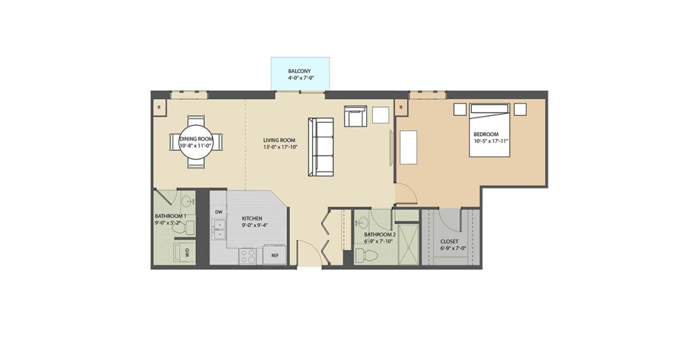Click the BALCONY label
click(299, 71)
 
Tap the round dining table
click(196, 142)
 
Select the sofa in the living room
click(320, 147)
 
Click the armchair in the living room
click(355, 116)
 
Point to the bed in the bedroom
click(489, 130)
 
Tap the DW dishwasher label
click(219, 212)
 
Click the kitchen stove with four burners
click(247, 256)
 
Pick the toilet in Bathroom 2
click(366, 256)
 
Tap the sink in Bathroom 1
click(188, 201)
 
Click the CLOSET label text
click(449, 242)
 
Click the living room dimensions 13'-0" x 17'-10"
click(280, 147)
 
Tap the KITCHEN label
click(252, 219)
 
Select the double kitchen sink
click(219, 231)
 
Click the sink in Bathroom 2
click(363, 221)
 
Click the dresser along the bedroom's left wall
click(408, 147)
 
